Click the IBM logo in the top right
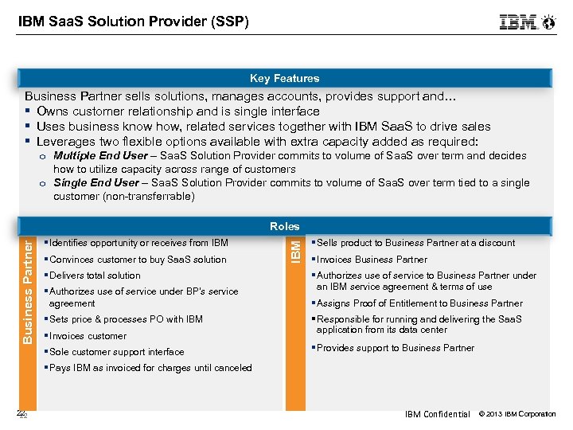tap(518, 22)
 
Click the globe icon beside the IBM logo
tap(548, 22)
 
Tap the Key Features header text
tap(284, 78)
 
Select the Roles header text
tap(284, 226)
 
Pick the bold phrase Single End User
tap(95, 183)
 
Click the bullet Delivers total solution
tap(95, 276)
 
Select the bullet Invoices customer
tap(88, 336)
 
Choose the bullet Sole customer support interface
tap(116, 352)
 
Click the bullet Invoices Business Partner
tap(372, 260)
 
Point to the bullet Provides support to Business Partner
tap(396, 348)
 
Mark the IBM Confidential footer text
tap(437, 414)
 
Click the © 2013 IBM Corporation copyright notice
tap(517, 414)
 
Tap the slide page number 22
tap(21, 414)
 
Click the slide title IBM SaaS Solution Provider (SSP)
tap(134, 21)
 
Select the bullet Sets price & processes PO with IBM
tap(126, 319)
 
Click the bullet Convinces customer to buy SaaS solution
tap(138, 260)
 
